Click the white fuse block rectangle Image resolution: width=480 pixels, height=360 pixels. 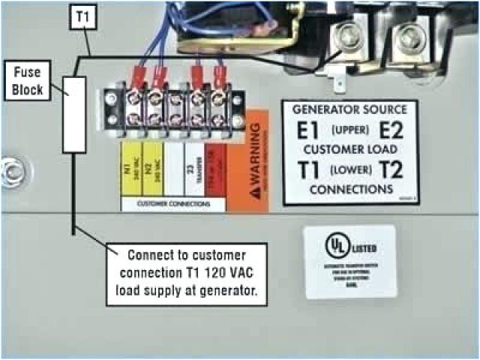73,113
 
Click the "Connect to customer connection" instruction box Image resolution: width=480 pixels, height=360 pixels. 187,273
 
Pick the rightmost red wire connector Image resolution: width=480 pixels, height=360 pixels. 220,74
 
